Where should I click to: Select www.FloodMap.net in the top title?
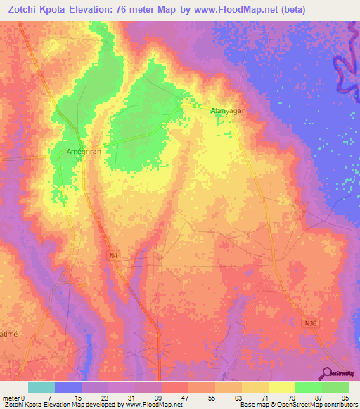[235, 9]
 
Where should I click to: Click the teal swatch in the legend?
[41, 387]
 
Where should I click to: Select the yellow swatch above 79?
[281, 387]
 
